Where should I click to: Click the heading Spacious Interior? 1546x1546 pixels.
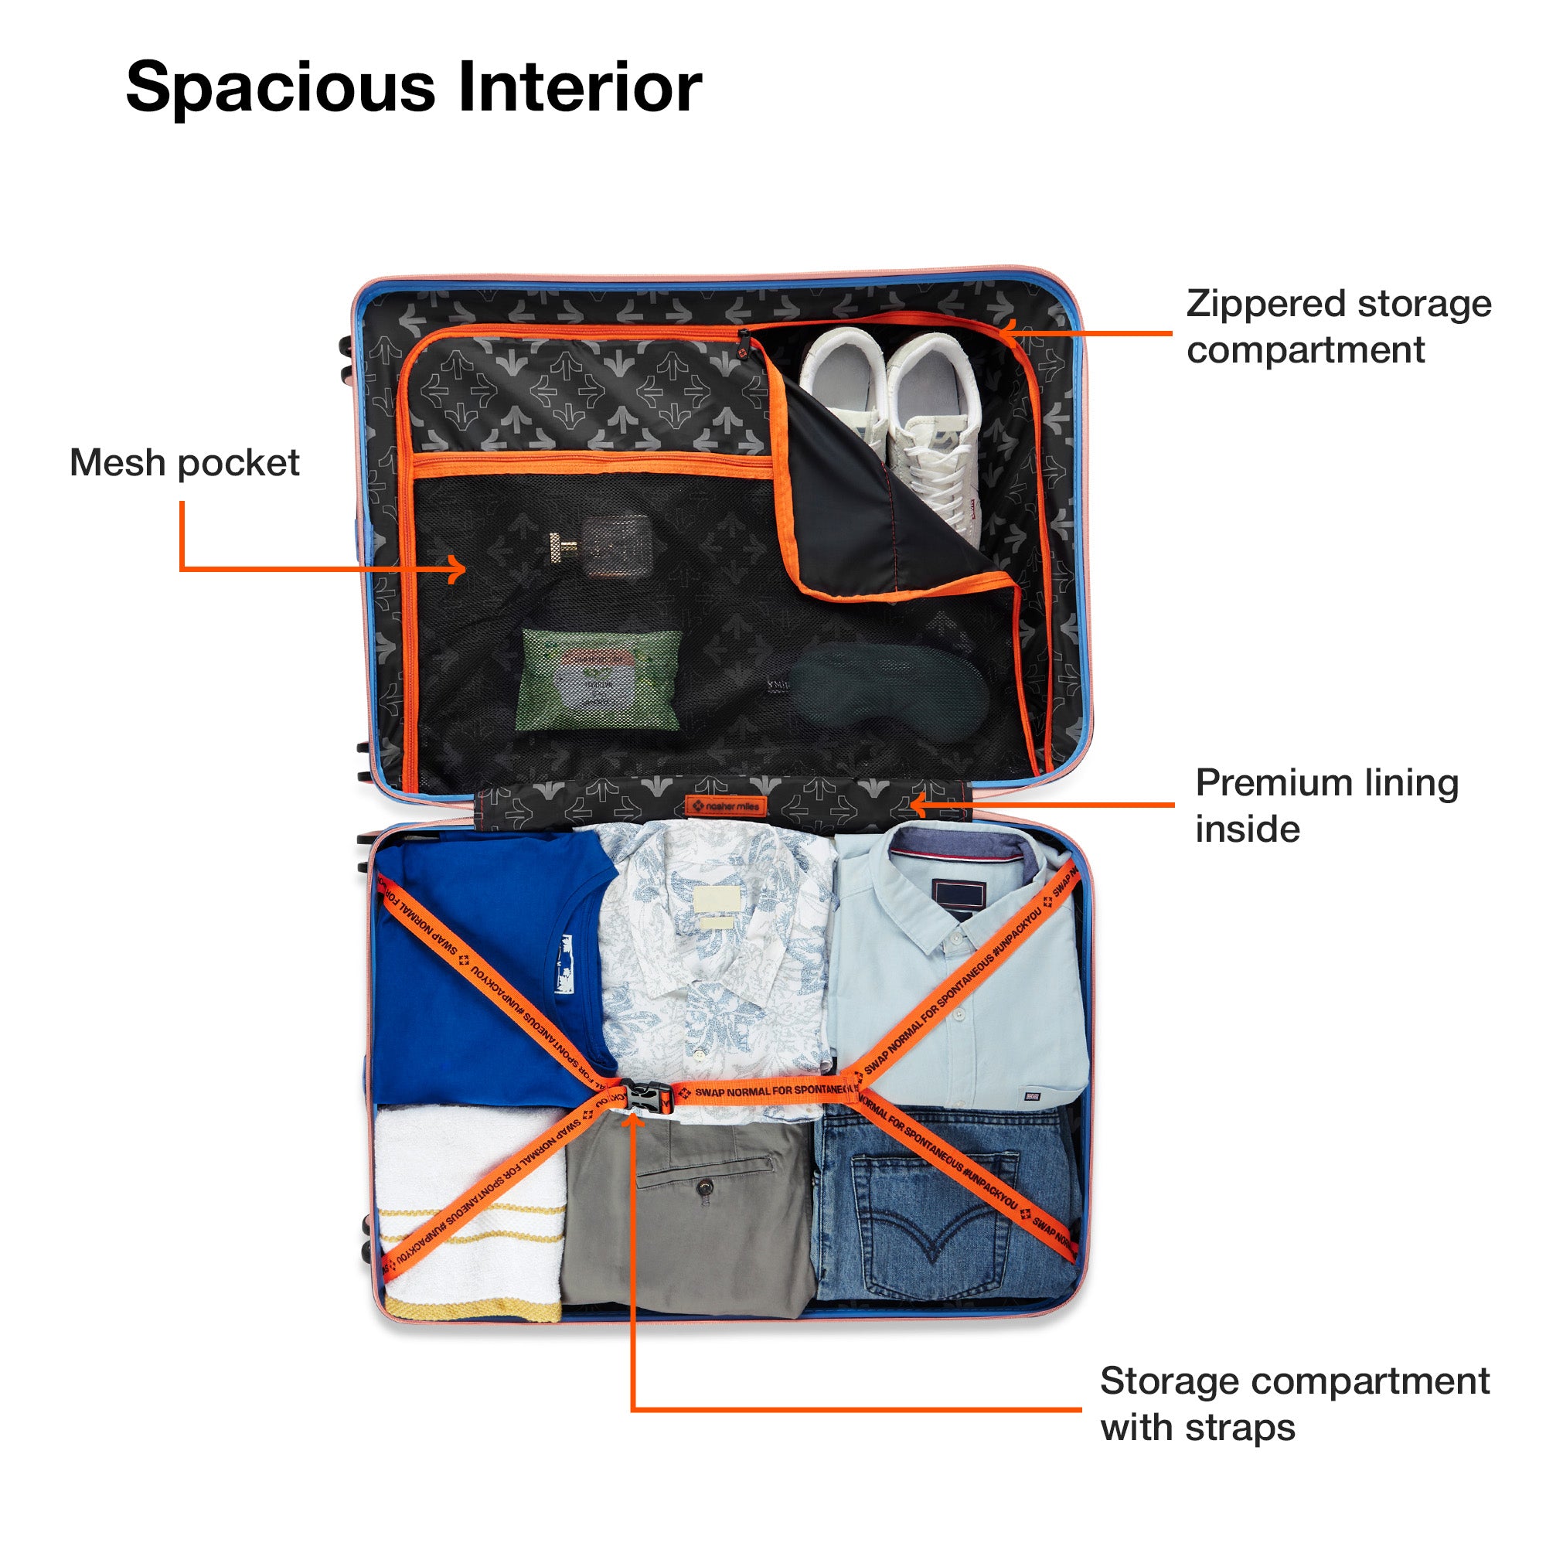(414, 87)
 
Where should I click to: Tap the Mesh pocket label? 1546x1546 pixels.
(184, 462)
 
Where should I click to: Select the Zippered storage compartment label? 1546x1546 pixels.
(1338, 326)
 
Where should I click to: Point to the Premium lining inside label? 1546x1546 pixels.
(1326, 805)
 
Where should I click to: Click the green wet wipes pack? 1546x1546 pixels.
(599, 679)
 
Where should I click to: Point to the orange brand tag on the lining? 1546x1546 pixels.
(725, 805)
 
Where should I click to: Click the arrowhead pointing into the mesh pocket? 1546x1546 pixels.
(460, 570)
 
